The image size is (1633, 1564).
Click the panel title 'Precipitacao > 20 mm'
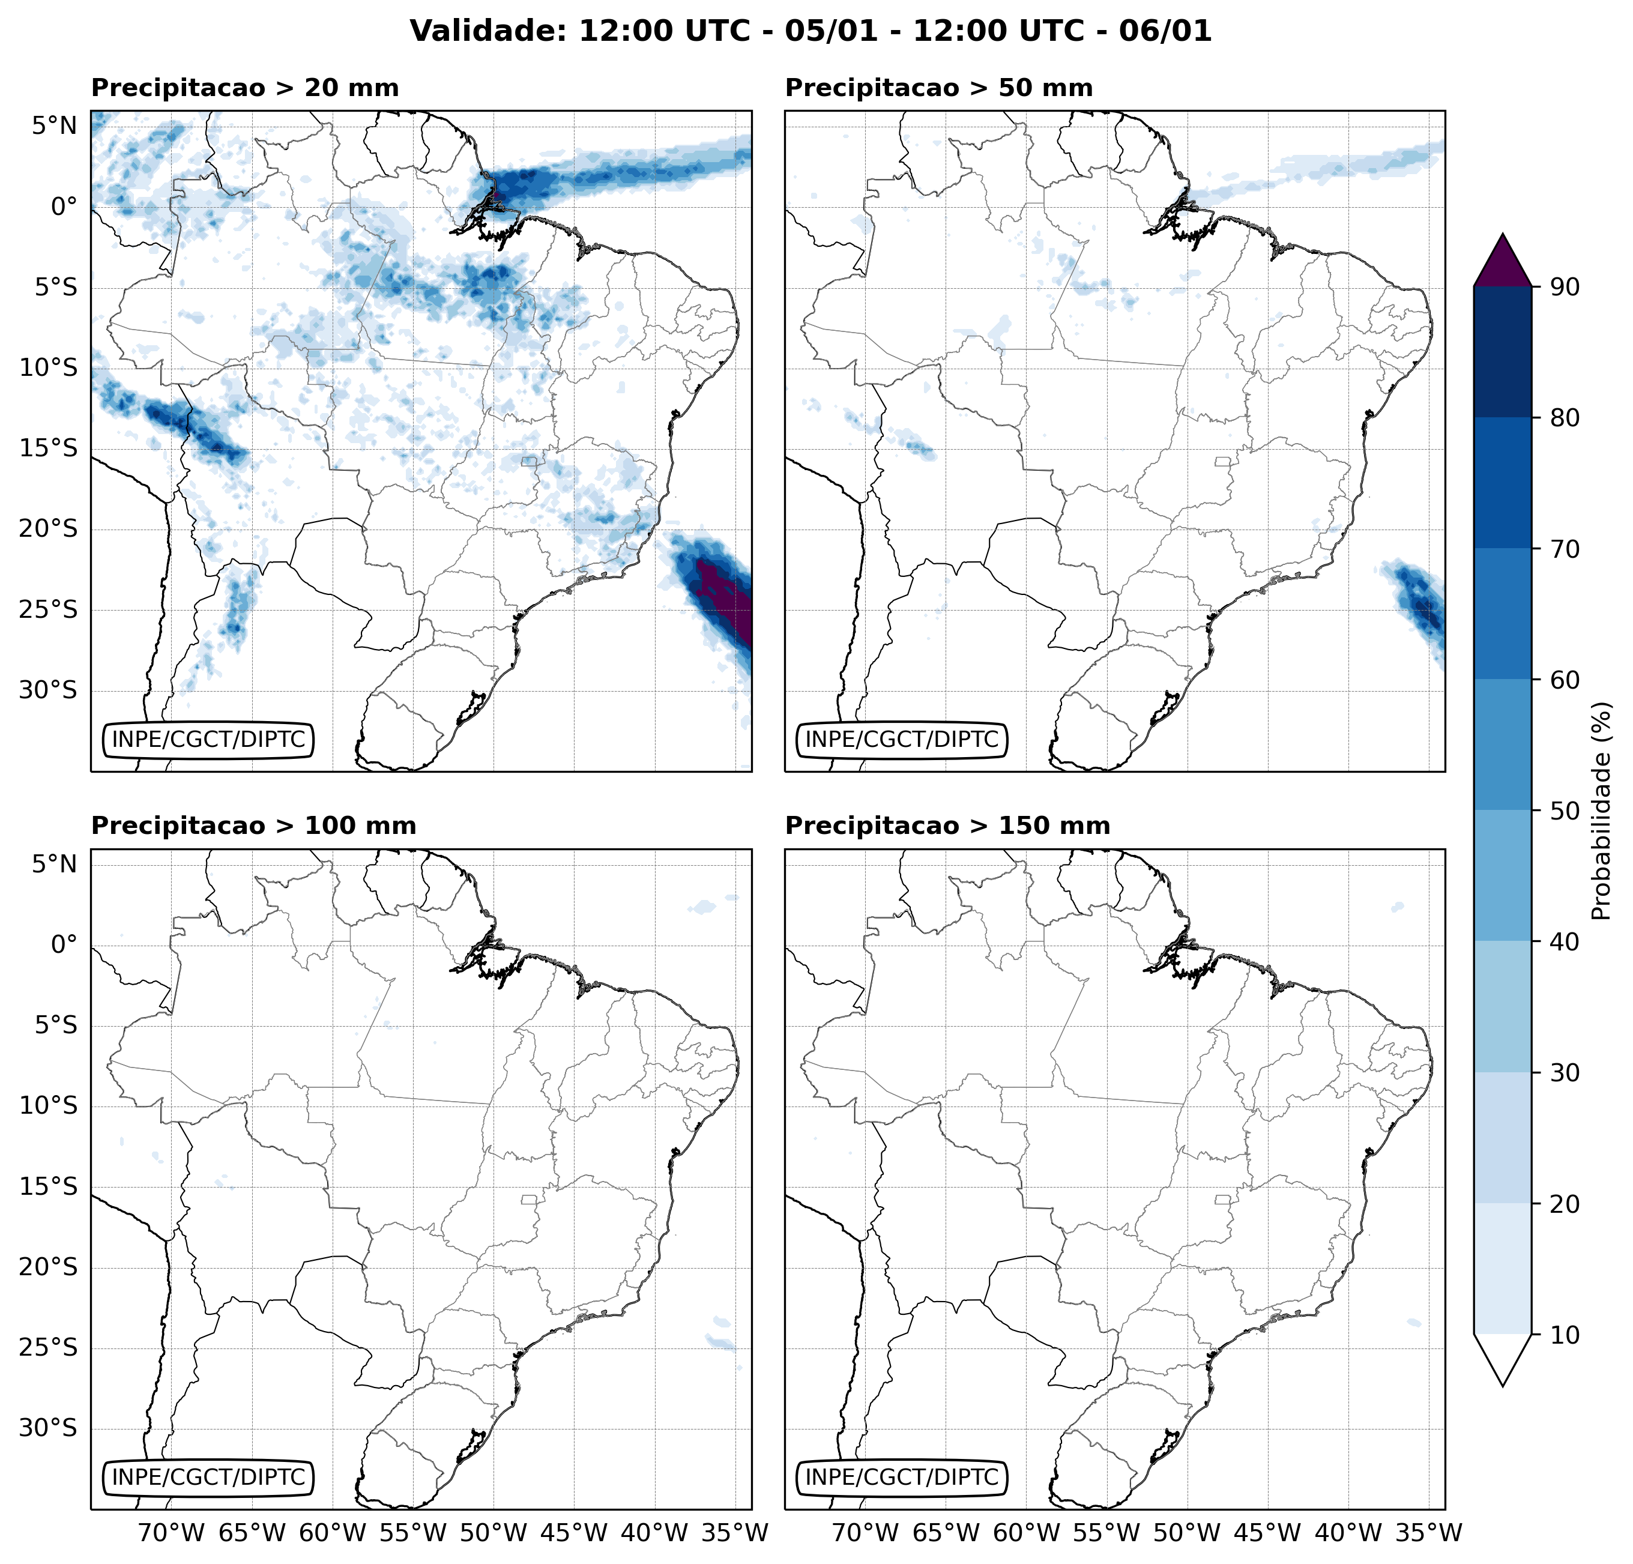(x=244, y=88)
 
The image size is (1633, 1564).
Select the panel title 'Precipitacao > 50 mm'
(x=938, y=88)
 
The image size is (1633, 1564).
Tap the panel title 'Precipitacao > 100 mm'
(x=253, y=826)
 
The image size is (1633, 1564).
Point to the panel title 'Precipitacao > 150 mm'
(x=947, y=826)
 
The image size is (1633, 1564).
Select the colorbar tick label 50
(x=1564, y=811)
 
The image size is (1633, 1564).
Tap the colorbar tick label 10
(x=1564, y=1335)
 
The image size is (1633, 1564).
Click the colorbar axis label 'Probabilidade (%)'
(x=1601, y=811)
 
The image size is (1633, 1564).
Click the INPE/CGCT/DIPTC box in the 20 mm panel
(x=208, y=739)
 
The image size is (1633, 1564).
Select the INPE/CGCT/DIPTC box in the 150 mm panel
(x=902, y=1478)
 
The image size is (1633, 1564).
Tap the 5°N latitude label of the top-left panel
(x=54, y=127)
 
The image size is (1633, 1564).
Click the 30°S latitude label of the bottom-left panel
(x=47, y=1429)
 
